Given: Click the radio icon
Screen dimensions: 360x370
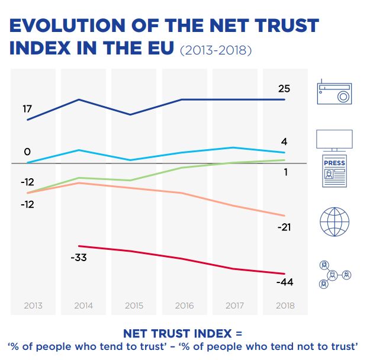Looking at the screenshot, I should [334, 93].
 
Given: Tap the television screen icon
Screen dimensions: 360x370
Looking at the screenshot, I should [334, 141].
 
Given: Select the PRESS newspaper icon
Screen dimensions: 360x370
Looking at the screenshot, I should [334, 171].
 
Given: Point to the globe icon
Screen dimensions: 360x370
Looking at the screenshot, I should [334, 222].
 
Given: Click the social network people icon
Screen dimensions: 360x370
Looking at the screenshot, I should [334, 275].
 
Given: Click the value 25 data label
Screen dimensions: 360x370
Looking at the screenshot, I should [284, 89].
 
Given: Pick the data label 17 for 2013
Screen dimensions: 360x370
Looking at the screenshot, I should [27, 109].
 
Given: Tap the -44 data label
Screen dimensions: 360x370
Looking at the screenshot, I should [284, 282].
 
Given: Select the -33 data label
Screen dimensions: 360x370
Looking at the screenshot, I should [79, 258].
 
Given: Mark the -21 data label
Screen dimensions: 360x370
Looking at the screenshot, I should [284, 227].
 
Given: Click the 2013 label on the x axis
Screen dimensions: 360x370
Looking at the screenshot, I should [33, 306].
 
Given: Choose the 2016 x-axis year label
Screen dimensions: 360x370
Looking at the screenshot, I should [184, 306].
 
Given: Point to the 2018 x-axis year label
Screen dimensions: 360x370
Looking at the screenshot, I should [285, 306].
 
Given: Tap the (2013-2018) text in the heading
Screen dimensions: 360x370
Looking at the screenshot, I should [216, 51].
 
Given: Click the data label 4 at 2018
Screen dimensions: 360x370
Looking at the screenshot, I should [284, 142].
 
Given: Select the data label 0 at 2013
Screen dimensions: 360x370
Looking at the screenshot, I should [27, 152].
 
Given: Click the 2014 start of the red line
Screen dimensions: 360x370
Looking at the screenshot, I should [79, 246].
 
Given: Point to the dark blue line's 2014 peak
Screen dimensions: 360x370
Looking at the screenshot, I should [79, 99].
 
